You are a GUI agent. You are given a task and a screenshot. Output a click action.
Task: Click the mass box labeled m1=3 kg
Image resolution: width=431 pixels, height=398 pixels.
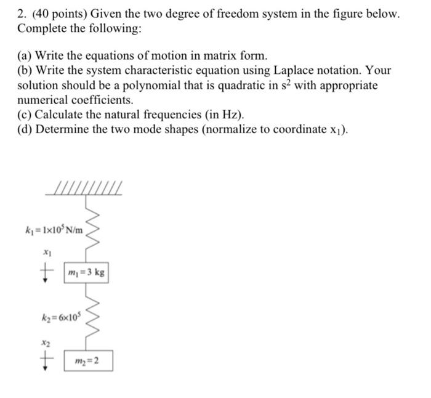pos(88,272)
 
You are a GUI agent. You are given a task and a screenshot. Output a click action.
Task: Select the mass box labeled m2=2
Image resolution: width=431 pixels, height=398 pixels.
pos(88,360)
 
